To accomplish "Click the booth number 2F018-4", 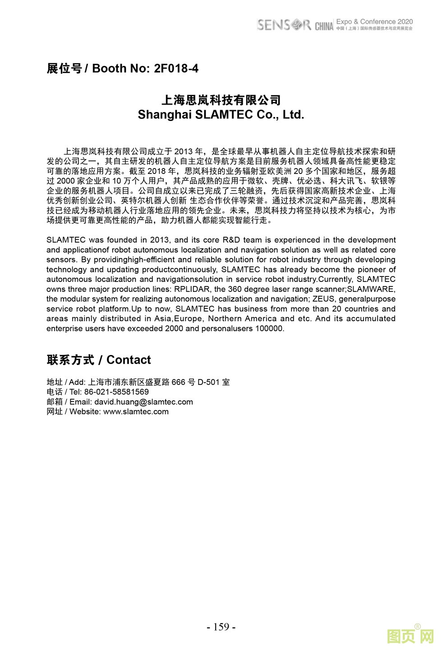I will (176, 69).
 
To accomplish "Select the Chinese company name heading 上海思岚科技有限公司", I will (221, 100).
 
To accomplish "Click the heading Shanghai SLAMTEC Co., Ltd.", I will (221, 115).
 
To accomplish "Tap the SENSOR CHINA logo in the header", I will (295, 25).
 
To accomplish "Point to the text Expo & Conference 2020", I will (374, 21).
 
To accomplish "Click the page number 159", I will (221, 627).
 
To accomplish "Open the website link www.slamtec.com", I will (136, 412).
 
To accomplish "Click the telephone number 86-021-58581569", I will (116, 392).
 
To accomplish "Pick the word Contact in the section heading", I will (129, 360).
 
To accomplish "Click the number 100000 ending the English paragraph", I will (269, 328).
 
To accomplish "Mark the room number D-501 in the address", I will (208, 382).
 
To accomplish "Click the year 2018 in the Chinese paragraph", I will (156, 172).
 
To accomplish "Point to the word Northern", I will (225, 318).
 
